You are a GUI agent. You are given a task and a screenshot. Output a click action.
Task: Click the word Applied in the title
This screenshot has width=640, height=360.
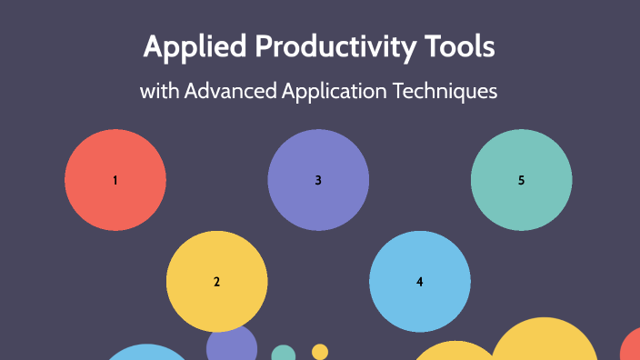[183, 48]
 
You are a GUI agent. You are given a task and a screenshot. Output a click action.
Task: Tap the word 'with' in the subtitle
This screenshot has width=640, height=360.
[159, 92]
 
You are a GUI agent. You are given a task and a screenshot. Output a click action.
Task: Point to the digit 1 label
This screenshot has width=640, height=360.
[115, 180]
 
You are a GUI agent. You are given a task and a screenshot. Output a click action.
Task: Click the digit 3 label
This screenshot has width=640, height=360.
[318, 180]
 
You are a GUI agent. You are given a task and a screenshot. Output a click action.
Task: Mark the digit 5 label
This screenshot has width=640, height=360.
[521, 180]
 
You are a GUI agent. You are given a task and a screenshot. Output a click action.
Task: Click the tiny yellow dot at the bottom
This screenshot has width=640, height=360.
[320, 351]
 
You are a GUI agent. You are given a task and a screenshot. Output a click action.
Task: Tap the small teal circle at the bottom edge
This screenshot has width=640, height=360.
[284, 354]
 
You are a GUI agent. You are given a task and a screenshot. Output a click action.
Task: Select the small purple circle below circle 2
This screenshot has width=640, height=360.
[232, 345]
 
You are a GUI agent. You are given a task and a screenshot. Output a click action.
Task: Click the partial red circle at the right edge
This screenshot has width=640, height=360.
[632, 348]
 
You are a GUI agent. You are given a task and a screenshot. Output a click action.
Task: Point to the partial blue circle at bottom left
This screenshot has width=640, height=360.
[146, 354]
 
